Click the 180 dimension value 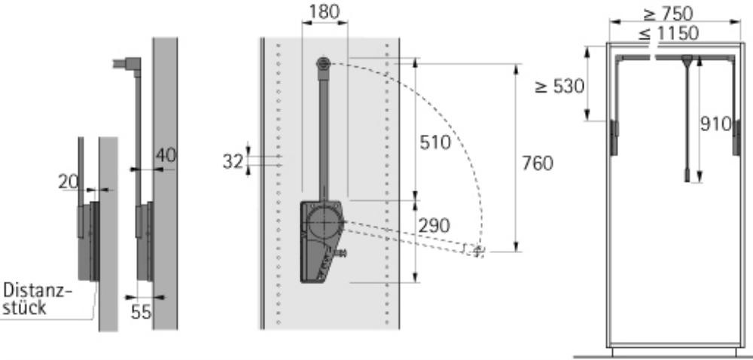[x=324, y=11]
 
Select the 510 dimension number [x=435, y=142]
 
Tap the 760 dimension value [x=538, y=163]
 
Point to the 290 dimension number [x=434, y=226]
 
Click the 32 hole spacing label [x=233, y=162]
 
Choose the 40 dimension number [x=166, y=155]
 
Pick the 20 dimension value [x=69, y=182]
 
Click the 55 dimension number [x=142, y=313]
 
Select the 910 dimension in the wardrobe [x=715, y=124]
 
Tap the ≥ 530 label [x=560, y=87]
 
